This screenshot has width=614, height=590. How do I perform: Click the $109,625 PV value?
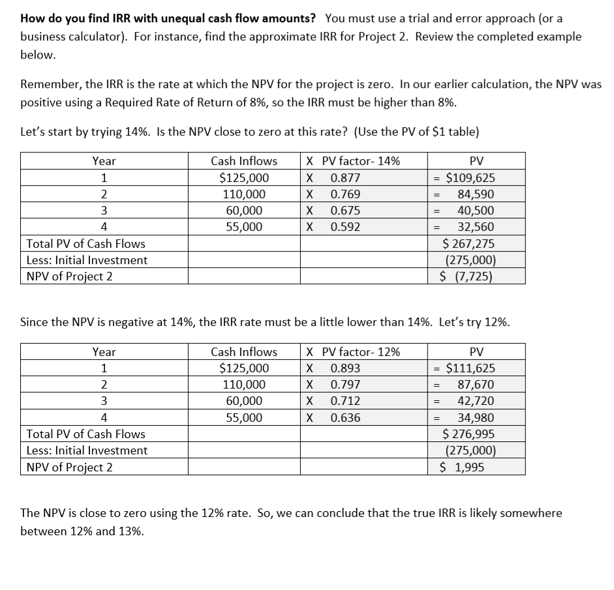(x=469, y=178)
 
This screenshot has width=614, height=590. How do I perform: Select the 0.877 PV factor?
(x=345, y=178)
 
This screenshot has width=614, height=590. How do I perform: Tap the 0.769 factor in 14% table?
(x=345, y=194)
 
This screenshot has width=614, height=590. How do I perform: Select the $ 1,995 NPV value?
(x=463, y=467)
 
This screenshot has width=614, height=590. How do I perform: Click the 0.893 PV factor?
(x=345, y=368)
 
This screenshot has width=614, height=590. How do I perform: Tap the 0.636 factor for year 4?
(x=345, y=418)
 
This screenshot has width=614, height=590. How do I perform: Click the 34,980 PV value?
(x=476, y=418)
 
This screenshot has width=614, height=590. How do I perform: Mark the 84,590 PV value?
(x=476, y=194)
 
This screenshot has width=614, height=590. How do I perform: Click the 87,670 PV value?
(x=476, y=385)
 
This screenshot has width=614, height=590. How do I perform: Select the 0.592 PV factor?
(x=345, y=227)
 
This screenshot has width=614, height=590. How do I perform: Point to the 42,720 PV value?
(x=476, y=401)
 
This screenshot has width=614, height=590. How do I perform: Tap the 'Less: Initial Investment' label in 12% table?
(x=87, y=450)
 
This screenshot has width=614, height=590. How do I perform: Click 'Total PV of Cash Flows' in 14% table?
(x=85, y=244)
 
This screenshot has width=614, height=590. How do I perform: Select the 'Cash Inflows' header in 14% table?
(x=244, y=161)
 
